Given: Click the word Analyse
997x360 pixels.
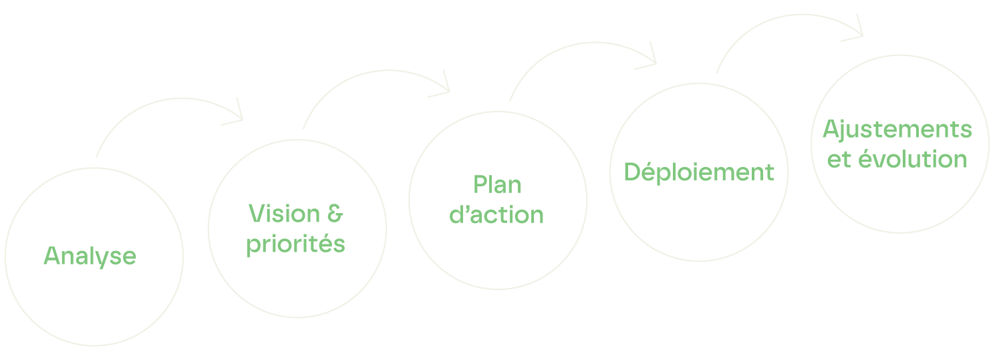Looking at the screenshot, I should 90,256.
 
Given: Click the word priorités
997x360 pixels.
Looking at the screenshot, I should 296,244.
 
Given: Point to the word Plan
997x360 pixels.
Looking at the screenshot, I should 496,185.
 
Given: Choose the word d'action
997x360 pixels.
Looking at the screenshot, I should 496,214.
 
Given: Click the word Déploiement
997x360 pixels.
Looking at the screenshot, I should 698,172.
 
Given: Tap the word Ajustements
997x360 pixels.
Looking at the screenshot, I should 897,130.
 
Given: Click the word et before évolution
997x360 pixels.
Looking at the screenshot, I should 838,160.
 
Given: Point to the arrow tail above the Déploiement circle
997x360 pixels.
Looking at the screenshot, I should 717,71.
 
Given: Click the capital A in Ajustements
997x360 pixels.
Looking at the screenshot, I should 831,130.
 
